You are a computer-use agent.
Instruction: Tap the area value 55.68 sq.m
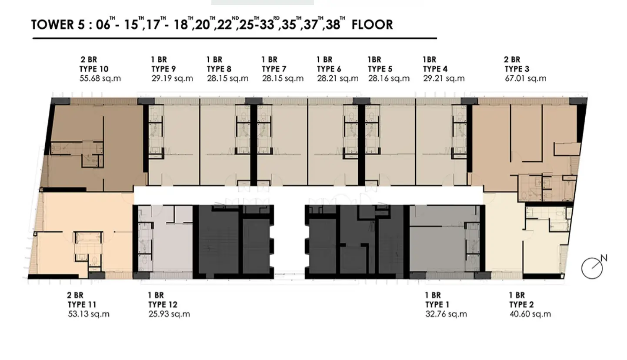[100, 78]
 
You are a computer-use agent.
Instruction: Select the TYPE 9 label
[163, 69]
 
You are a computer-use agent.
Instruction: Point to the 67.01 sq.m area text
[525, 78]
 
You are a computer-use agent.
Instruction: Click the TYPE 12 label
[163, 305]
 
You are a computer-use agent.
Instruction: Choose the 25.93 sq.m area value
[169, 314]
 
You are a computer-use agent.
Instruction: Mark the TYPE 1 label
[437, 305]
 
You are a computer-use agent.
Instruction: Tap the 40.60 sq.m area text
[530, 314]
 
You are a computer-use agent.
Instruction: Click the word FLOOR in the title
[372, 25]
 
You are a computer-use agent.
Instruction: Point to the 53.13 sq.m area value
[88, 314]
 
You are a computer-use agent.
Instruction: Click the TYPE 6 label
[329, 69]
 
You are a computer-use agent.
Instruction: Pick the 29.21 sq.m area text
[444, 78]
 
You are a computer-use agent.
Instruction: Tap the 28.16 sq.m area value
[389, 78]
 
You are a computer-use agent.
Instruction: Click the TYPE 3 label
[517, 69]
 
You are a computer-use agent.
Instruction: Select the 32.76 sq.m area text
[446, 314]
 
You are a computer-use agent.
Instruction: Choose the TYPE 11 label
[82, 305]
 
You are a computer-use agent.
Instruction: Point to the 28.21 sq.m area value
[337, 78]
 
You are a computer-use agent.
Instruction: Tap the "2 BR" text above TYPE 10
[89, 60]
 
